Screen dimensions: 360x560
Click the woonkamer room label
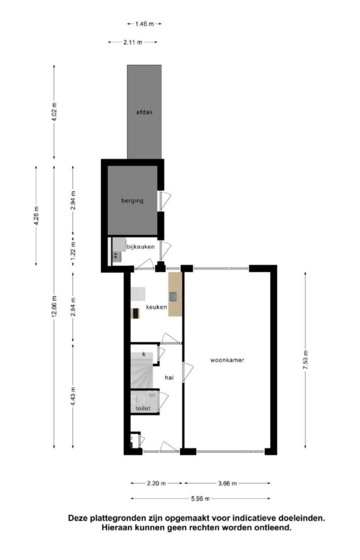click(227, 360)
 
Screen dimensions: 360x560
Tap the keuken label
click(156, 307)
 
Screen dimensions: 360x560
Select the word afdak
click(144, 112)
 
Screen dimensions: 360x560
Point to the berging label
click(132, 201)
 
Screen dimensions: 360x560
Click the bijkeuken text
click(140, 247)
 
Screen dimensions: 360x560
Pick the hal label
click(169, 377)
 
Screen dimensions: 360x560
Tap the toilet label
click(143, 408)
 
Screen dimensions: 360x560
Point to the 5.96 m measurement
click(200, 499)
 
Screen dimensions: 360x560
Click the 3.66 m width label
click(227, 483)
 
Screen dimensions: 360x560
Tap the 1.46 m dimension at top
click(144, 24)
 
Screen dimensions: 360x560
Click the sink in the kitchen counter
click(173, 296)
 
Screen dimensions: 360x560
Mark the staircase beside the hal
click(142, 370)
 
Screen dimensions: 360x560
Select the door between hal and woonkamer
click(187, 372)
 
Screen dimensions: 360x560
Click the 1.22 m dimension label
click(73, 250)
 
